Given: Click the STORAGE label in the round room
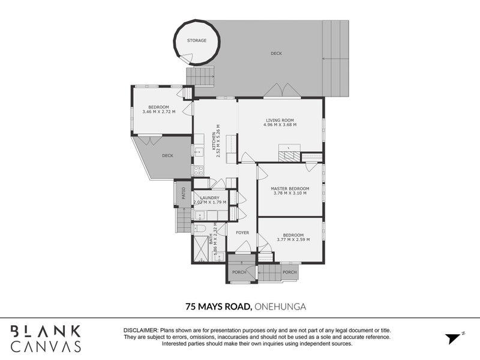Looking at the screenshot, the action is tap(197, 40).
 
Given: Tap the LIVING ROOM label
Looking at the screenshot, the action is tap(280, 121).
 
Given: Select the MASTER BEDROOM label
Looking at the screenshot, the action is tap(290, 188).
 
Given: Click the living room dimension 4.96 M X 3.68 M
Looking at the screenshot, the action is tap(280, 125).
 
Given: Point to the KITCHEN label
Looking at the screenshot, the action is tap(214, 141).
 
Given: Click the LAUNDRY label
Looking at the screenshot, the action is tap(209, 198).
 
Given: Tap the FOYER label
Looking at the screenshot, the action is tap(242, 233).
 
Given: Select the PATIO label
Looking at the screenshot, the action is tap(184, 193).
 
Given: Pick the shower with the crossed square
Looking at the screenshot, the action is tap(200, 248).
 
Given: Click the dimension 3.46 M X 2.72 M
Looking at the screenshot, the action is tap(159, 112).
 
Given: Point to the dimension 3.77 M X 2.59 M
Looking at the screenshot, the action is tap(293, 239).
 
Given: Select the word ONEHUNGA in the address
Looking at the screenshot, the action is tap(280, 307).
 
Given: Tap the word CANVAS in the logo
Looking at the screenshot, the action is tap(46, 346).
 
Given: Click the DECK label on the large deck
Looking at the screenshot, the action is tap(277, 53).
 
